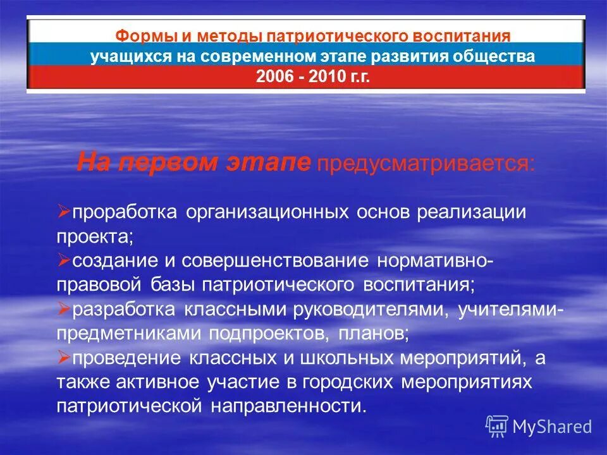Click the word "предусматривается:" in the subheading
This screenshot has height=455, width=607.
click(426, 164)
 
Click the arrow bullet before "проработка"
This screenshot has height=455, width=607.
click(63, 211)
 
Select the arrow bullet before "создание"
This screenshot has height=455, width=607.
click(63, 260)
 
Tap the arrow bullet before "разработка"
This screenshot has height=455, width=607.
click(63, 309)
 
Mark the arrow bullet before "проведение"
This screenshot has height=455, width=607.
click(63, 358)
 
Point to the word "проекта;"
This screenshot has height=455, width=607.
click(95, 236)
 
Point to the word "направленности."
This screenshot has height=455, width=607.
click(285, 406)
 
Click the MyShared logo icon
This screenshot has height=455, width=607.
click(497, 427)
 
